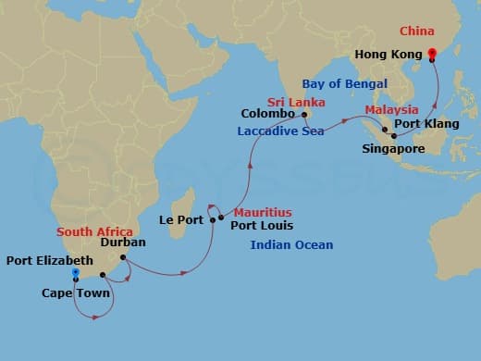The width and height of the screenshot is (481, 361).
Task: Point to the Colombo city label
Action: coord(267,115)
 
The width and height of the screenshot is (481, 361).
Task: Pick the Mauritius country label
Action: coord(264,211)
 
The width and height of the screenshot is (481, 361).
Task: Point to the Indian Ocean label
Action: coord(291,244)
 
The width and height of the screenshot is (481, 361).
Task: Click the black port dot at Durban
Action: coord(123,257)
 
